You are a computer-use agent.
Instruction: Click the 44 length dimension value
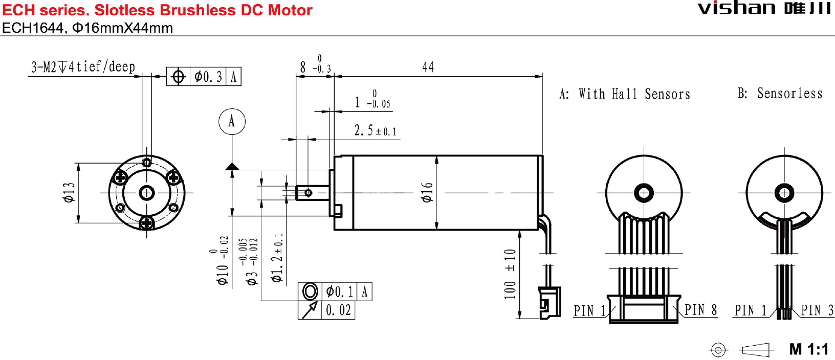point(428,67)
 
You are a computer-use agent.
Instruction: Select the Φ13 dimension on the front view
point(69,192)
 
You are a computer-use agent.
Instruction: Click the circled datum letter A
point(232,122)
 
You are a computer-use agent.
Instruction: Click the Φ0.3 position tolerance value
point(208,77)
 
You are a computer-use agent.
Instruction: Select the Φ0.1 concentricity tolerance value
point(339,291)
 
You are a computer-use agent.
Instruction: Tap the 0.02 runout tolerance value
point(338,310)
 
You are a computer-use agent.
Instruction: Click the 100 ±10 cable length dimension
point(510,274)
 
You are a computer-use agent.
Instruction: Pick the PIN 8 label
point(700,310)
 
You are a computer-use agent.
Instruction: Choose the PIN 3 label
point(817,310)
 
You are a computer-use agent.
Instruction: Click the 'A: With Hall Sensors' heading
point(625,94)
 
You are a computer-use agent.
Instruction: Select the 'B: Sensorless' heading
point(780,94)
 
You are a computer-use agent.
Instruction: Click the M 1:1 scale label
point(808,349)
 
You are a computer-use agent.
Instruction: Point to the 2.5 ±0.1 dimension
point(375,131)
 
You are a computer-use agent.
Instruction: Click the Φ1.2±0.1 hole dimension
point(277,258)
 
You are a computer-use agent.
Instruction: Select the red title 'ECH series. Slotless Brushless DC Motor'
point(157,10)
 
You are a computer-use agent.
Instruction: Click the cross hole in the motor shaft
point(308,193)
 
